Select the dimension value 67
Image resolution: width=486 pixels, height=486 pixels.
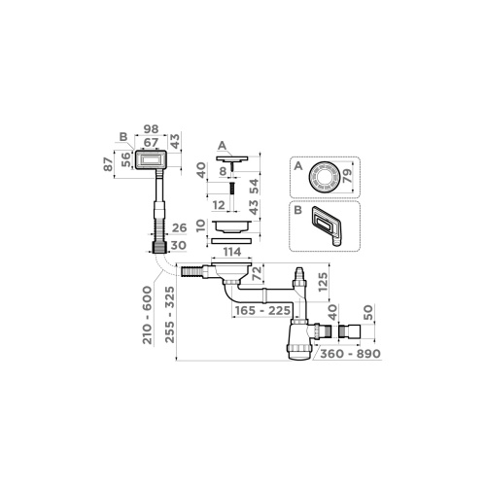click(151, 142)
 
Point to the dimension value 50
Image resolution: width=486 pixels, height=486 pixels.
click(366, 317)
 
